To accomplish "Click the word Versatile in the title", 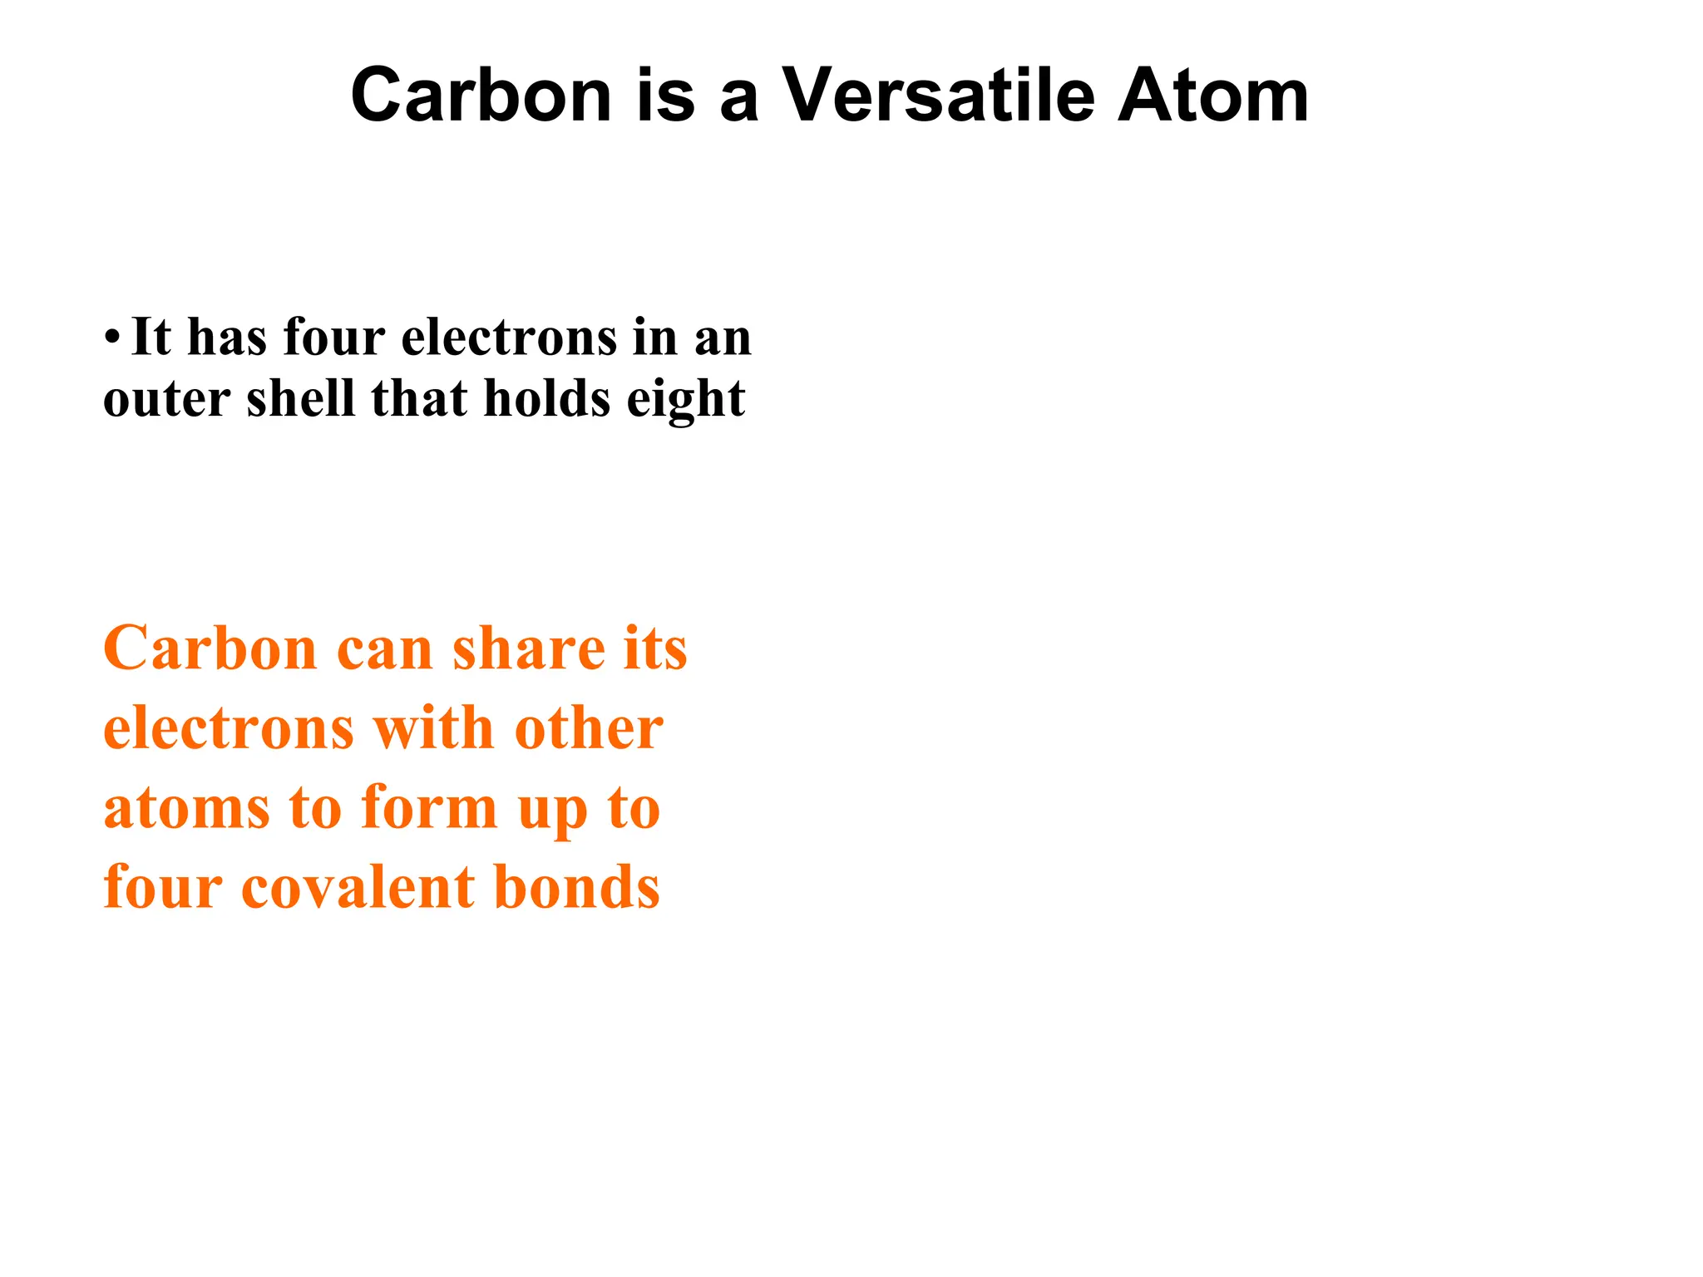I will pyautogui.click(x=940, y=96).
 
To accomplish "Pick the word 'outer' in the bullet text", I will pyautogui.click(x=166, y=399).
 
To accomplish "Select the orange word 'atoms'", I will pyautogui.click(x=186, y=808).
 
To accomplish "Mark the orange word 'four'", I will pyautogui.click(x=163, y=887).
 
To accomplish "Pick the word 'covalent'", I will pyautogui.click(x=358, y=887).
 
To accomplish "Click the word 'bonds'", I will pyautogui.click(x=577, y=887).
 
